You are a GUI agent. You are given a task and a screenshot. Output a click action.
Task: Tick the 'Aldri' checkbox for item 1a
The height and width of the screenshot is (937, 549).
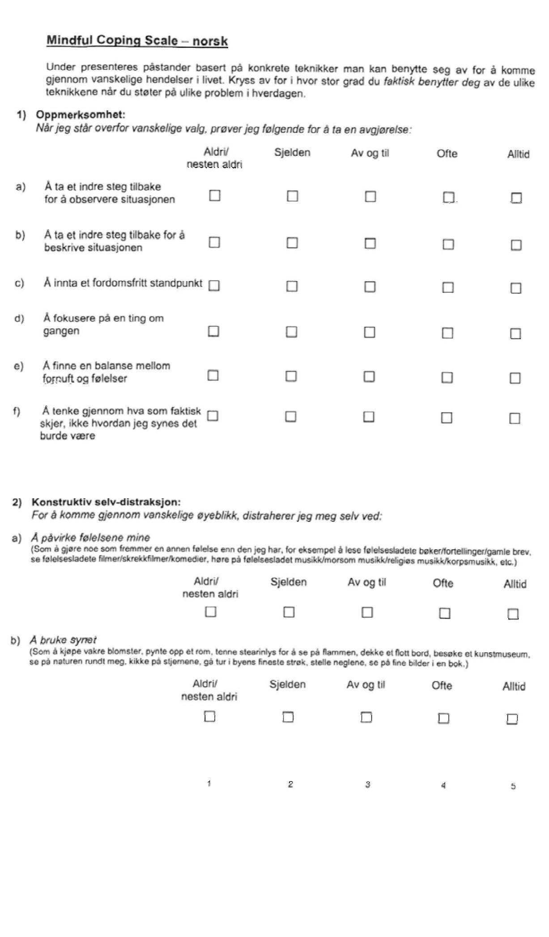[x=215, y=196]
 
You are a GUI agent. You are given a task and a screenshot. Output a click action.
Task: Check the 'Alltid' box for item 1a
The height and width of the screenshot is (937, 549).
[x=516, y=198]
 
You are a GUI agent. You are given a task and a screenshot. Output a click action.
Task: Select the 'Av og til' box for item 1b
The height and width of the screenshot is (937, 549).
[x=370, y=243]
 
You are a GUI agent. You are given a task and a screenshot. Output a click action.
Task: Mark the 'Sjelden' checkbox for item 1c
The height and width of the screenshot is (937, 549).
[x=292, y=286]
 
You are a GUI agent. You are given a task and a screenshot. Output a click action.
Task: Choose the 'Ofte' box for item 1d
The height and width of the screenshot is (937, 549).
[x=447, y=333]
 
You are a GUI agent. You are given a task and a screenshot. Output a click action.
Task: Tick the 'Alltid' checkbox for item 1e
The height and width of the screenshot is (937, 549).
[x=515, y=378]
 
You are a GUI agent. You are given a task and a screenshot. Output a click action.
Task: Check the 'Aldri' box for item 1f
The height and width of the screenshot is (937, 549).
[x=213, y=416]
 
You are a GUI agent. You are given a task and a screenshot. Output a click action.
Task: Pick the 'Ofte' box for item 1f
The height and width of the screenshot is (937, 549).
[x=447, y=418]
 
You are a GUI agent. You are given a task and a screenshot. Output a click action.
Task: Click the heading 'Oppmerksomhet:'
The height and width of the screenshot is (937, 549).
[x=81, y=115]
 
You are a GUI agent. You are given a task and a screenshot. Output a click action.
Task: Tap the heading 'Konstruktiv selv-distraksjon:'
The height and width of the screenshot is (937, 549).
[x=106, y=502]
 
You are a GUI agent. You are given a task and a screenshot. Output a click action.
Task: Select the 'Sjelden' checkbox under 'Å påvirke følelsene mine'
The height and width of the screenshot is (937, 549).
[x=289, y=612]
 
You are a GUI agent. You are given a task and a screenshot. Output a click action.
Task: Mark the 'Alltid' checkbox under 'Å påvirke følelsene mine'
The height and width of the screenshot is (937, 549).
[x=513, y=614]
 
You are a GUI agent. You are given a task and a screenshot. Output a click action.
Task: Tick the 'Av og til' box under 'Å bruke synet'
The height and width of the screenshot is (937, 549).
[x=366, y=718]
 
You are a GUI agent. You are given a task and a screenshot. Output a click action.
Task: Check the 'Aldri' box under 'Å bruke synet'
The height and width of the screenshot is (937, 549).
[x=209, y=716]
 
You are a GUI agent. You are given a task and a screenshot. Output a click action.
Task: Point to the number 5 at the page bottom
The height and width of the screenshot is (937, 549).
[x=513, y=786]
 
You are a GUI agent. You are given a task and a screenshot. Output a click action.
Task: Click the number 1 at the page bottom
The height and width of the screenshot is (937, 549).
[x=209, y=783]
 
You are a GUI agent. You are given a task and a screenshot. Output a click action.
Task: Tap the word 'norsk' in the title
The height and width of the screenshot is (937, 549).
[x=210, y=42]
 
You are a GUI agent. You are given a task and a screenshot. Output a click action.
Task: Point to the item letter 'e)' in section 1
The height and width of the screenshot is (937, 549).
[x=18, y=366]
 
